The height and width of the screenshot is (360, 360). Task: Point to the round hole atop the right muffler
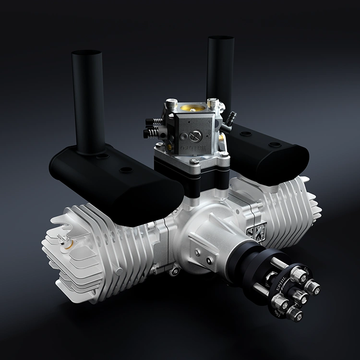coord(274,144)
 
